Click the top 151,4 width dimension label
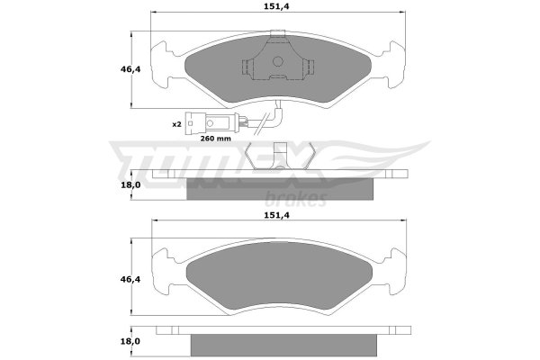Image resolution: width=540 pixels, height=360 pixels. pos(276,6)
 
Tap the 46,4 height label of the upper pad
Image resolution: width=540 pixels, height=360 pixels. pos(130,69)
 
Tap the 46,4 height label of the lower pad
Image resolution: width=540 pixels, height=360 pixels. pos(130,279)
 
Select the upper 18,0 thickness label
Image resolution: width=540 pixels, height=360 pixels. pos(130,185)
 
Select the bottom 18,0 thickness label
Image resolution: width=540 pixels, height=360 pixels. pos(130,341)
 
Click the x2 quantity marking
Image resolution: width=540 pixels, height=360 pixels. pos(176,124)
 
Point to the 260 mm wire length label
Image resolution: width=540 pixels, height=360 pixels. pos(216,139)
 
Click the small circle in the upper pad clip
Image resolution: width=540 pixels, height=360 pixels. pos(277,62)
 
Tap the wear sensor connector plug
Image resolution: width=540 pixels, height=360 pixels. pos(209,123)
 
